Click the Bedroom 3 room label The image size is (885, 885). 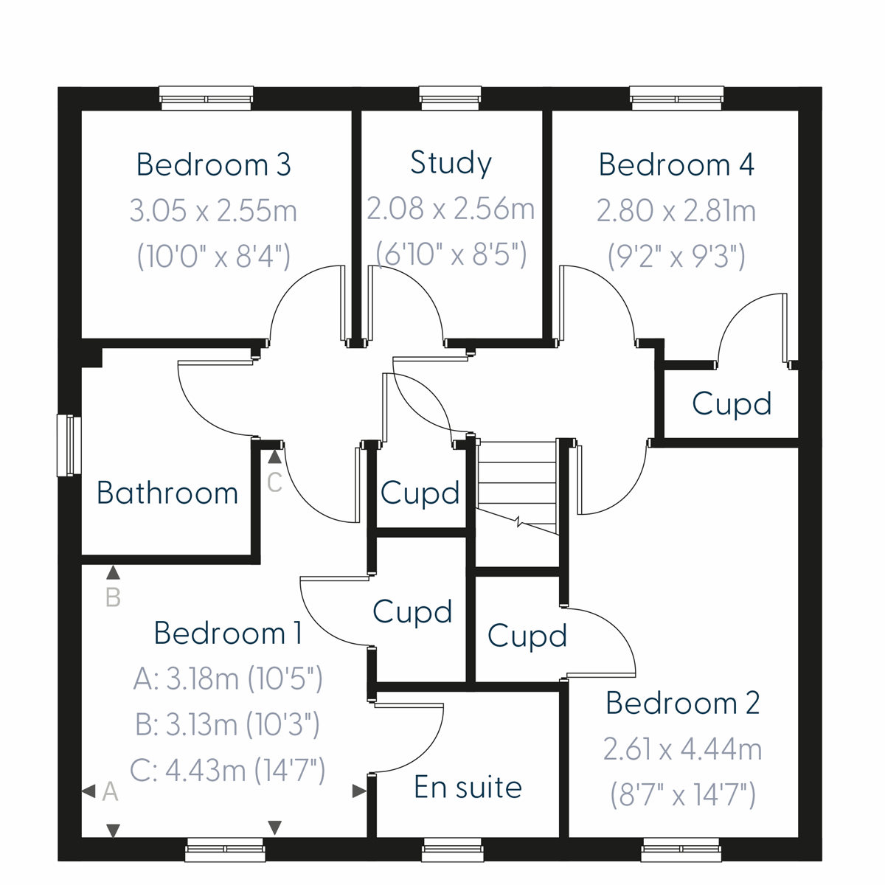click(213, 164)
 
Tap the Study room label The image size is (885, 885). click(451, 163)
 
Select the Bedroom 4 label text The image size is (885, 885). click(676, 164)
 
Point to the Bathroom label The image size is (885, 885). click(167, 493)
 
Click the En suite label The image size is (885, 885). click(468, 787)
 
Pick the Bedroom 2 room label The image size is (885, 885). click(682, 703)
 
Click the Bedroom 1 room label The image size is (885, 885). click(228, 633)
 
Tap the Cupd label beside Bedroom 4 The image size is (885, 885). click(732, 403)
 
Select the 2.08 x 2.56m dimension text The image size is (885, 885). click(451, 209)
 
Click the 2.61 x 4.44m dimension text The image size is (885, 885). click(682, 749)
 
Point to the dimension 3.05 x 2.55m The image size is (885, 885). click(213, 211)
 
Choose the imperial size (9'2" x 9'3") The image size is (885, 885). click(676, 257)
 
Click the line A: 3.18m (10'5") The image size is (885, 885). click(228, 678)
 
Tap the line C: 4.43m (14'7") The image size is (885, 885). click(228, 771)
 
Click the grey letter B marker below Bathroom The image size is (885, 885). click(113, 597)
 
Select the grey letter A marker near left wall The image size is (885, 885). click(110, 791)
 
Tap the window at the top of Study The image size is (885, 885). click(450, 98)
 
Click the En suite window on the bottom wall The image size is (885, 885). click(453, 850)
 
